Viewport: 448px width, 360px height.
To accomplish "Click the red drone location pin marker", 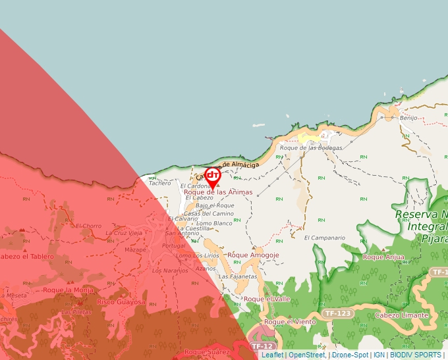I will [212, 176].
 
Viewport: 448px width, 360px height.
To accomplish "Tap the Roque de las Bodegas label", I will [311, 148].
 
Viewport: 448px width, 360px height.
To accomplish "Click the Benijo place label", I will [408, 118].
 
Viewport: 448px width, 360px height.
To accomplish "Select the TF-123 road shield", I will [338, 313].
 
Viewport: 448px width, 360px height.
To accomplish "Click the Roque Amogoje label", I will [253, 255].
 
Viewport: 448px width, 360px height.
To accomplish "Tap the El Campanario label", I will [325, 238].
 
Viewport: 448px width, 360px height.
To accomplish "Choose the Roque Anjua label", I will [383, 257].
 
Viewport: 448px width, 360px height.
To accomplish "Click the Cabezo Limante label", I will [401, 315].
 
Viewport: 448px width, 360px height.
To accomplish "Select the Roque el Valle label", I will [267, 299].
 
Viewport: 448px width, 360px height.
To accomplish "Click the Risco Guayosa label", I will [121, 302].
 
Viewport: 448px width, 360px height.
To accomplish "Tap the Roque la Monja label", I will [69, 290].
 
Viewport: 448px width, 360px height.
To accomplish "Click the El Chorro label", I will [88, 226].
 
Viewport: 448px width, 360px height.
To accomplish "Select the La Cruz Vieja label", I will [124, 233].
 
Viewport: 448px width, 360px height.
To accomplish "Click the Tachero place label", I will [159, 184].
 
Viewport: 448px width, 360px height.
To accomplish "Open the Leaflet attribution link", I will [272, 355].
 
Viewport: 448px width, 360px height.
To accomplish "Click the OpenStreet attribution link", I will [307, 355].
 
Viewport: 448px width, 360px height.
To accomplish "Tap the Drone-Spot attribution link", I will [350, 355].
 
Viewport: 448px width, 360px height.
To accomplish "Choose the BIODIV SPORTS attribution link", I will [416, 355].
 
